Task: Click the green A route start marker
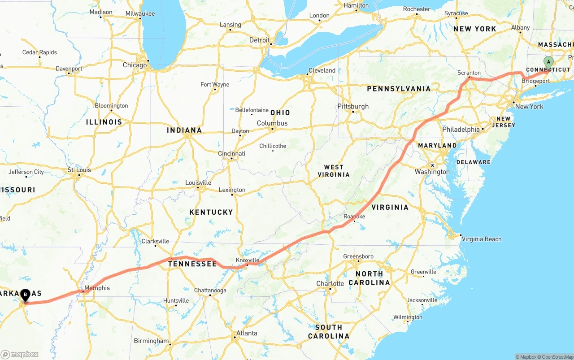pos(548,62)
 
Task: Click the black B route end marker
pos(26,295)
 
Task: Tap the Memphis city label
pos(97,288)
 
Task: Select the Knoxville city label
pos(248,260)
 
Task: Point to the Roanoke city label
pos(354,217)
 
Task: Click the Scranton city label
pos(469,73)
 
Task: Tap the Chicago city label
pos(135,65)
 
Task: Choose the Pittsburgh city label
pos(353,106)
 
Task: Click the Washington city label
pos(432,172)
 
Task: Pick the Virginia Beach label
pos(482,239)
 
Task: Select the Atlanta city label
pos(247,333)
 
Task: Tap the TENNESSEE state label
pos(192,264)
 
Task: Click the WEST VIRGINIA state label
pos(334,171)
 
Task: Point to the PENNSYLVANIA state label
pos(399,89)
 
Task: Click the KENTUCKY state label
pos(211,212)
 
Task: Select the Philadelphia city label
pos(461,129)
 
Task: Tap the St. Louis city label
pos(79,170)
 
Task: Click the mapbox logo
pos(20,354)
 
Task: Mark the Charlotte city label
pos(330,283)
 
